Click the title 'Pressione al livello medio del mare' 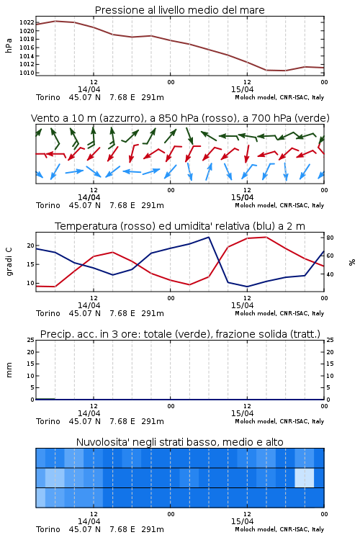pyautogui.click(x=179, y=10)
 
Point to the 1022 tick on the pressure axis pyautogui.click(x=27, y=23)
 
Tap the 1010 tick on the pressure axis pyautogui.click(x=27, y=73)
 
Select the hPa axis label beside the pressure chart pyautogui.click(x=9, y=45)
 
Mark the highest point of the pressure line pyautogui.click(x=55, y=21)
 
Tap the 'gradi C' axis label pyautogui.click(x=9, y=261)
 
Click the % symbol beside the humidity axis pyautogui.click(x=352, y=262)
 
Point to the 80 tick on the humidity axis pyautogui.click(x=330, y=238)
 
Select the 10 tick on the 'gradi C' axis pyautogui.click(x=30, y=283)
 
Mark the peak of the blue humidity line pyautogui.click(x=208, y=237)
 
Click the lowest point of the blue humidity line pyautogui.click(x=247, y=287)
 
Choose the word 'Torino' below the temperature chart pyautogui.click(x=48, y=313)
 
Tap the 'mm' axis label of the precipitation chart pyautogui.click(x=9, y=370)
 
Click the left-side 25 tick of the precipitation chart pyautogui.click(x=31, y=340)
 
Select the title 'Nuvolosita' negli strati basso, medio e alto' pyautogui.click(x=179, y=442)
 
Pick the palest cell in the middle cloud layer pyautogui.click(x=305, y=477)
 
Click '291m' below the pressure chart pyautogui.click(x=153, y=97)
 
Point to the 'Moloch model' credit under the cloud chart pyautogui.click(x=256, y=529)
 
